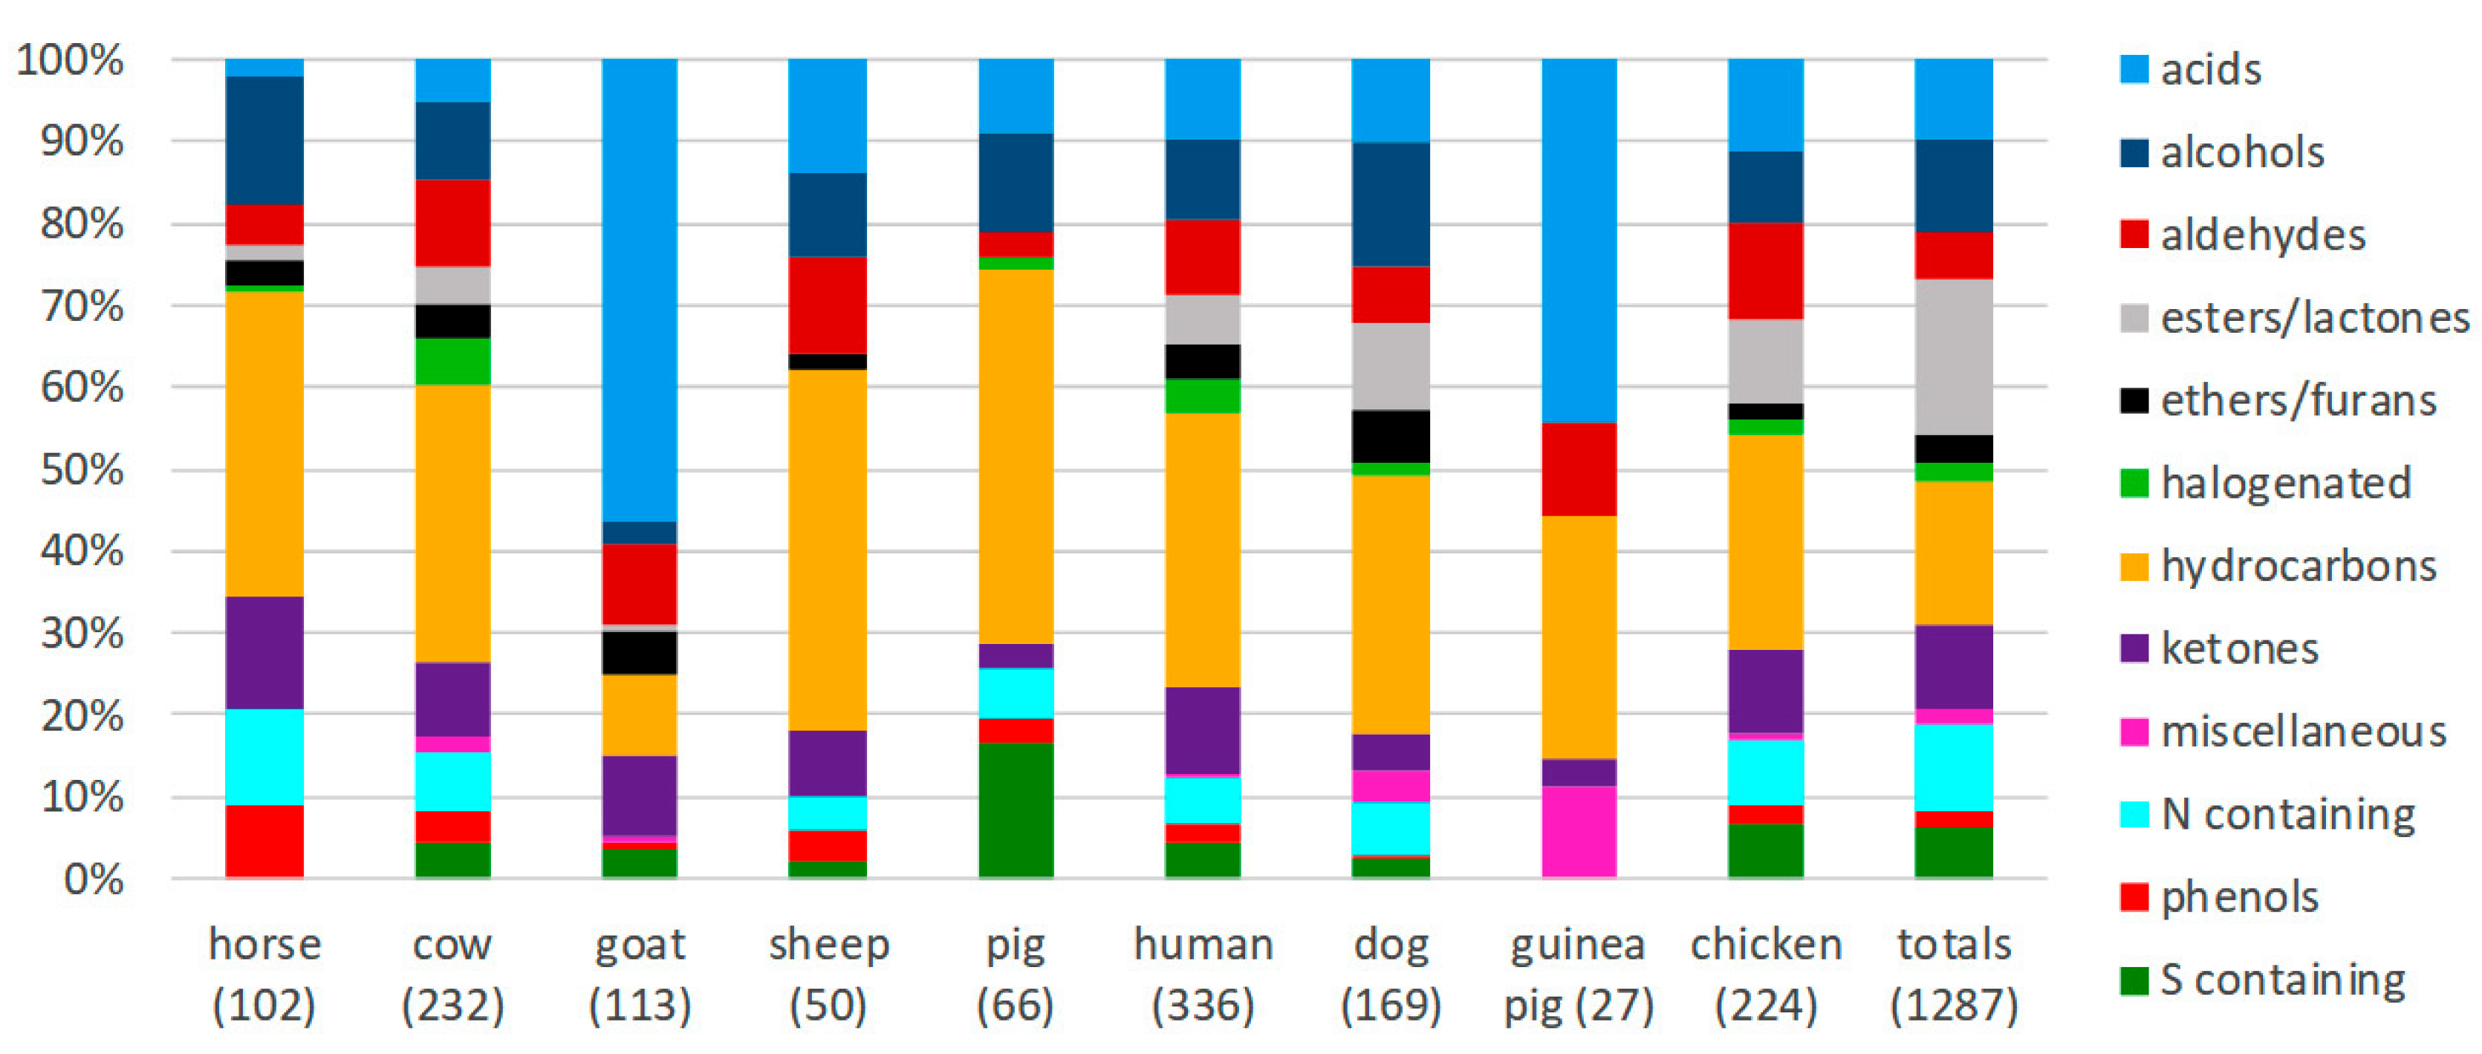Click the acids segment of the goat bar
(640, 289)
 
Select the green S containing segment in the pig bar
(1016, 810)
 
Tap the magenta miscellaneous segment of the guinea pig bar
(1578, 830)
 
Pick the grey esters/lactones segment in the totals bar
(1953, 357)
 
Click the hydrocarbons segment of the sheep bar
(828, 549)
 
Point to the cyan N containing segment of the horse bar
(264, 756)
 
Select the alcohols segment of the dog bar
(1391, 204)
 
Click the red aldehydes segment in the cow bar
(452, 223)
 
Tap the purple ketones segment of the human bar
(1203, 730)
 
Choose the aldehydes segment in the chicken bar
(1765, 270)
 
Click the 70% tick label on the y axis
(82, 306)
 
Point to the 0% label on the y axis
(94, 879)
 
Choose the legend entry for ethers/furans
(2298, 400)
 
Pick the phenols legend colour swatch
(2134, 897)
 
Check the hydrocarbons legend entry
(2298, 565)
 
